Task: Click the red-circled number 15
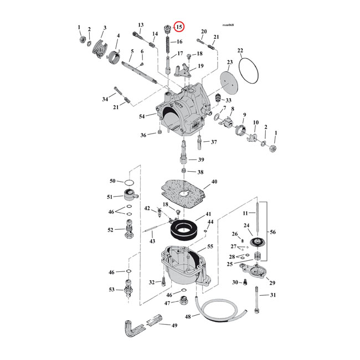click(179, 27)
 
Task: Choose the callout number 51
click(111, 197)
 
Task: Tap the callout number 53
click(112, 290)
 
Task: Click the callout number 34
click(105, 100)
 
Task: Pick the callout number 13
click(141, 25)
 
